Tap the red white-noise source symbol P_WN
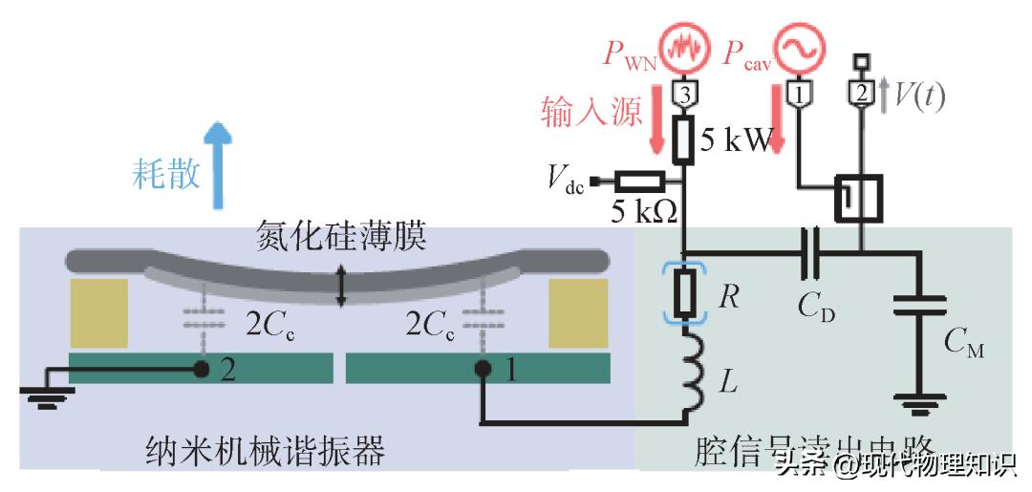685,51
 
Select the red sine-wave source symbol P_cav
796,49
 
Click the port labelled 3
685,94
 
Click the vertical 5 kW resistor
685,141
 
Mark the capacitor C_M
918,306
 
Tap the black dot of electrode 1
484,368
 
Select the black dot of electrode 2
203,368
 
